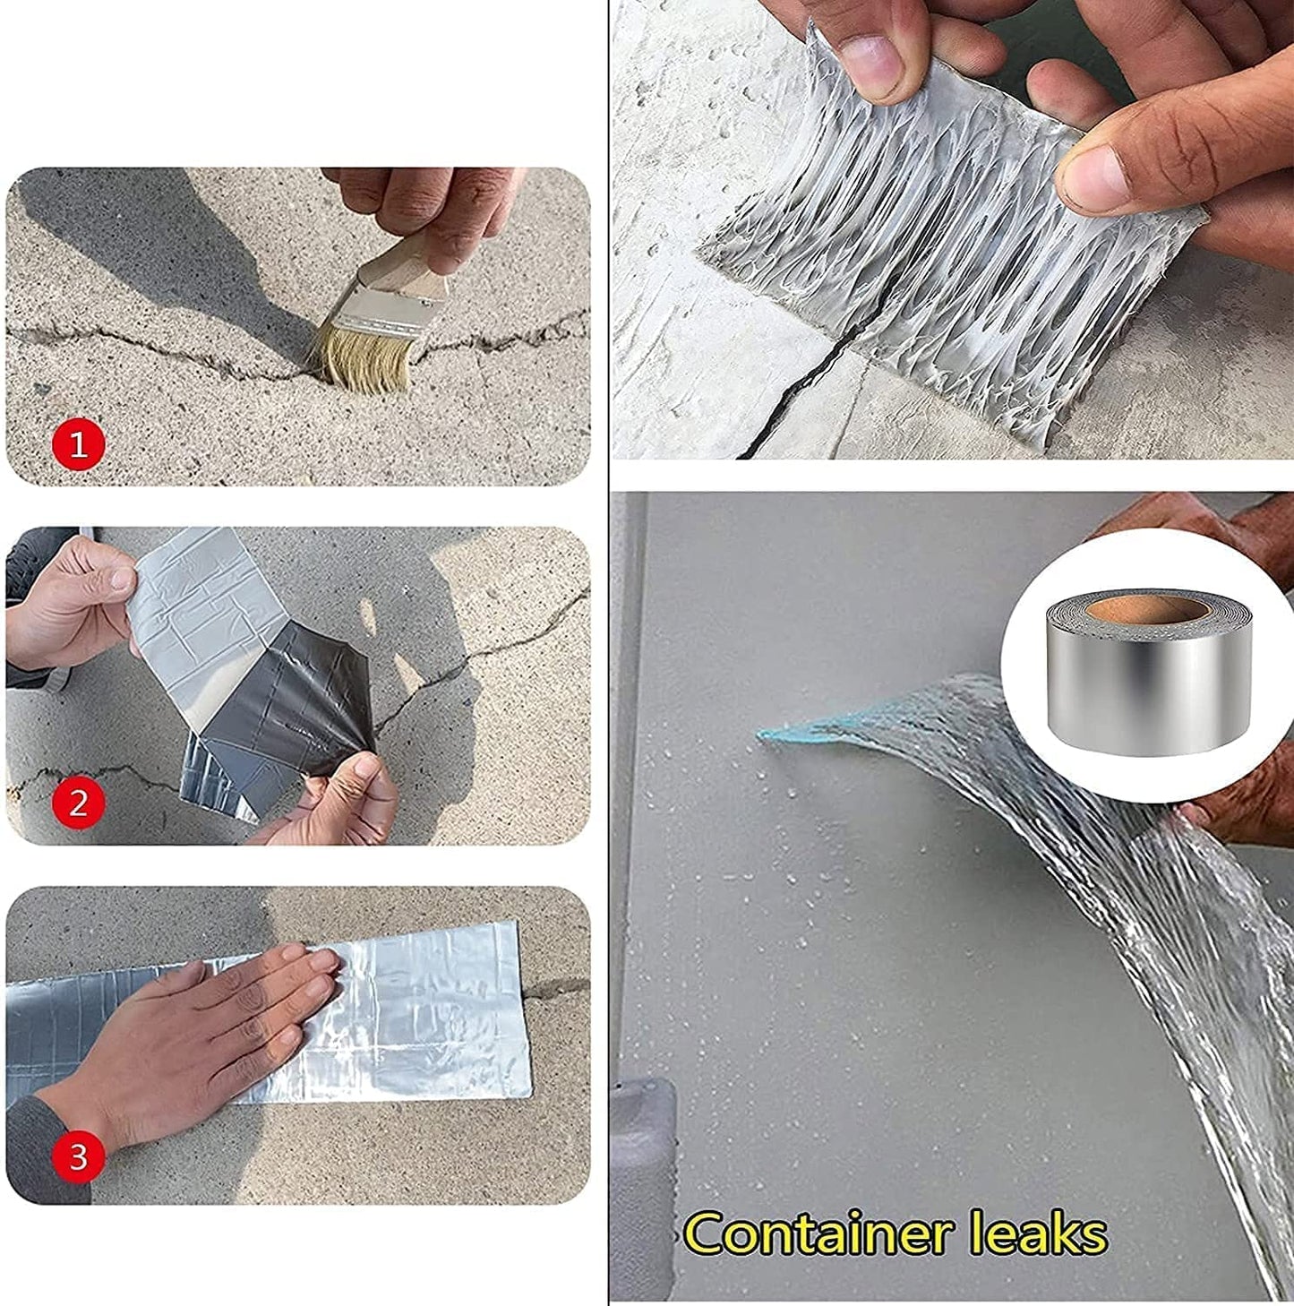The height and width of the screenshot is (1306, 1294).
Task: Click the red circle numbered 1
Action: pyautogui.click(x=79, y=444)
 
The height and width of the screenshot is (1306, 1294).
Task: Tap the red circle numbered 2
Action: pyautogui.click(x=79, y=803)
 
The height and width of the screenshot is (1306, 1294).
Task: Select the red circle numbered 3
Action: pyautogui.click(x=79, y=1156)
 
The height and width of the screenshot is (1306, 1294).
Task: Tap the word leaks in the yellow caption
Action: pyautogui.click(x=1038, y=1233)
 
